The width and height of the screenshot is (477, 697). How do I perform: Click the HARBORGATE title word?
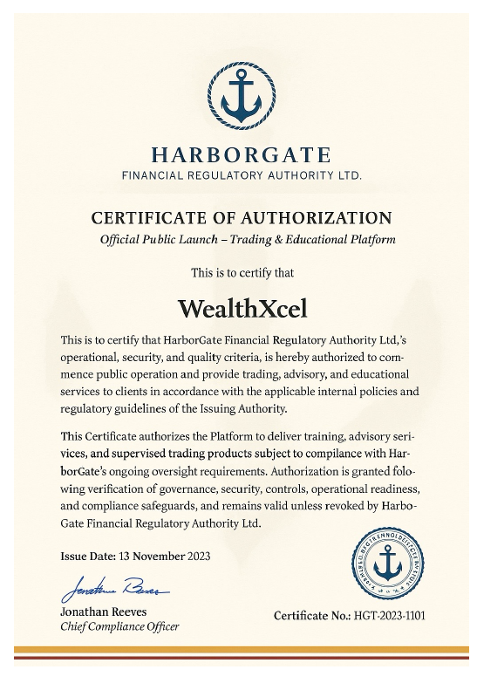(241, 156)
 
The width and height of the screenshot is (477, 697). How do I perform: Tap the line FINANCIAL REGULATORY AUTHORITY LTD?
(241, 175)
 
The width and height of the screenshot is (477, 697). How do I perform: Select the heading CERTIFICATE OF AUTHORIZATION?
(241, 218)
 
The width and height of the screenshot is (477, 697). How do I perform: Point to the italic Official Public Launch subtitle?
(248, 239)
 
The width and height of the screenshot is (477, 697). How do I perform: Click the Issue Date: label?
(90, 556)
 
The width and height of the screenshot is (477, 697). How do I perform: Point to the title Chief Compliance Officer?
(119, 627)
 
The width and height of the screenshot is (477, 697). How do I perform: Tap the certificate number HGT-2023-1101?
(389, 616)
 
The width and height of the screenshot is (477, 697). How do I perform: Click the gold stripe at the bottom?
(238, 649)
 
